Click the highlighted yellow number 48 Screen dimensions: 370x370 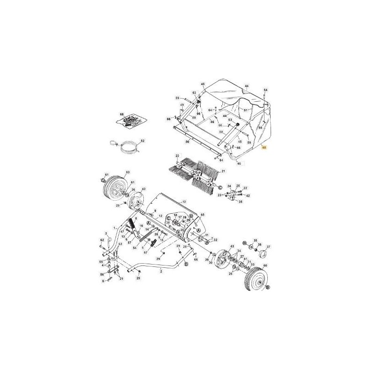[x=264, y=147]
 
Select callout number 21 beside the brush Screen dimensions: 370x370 [x=223, y=172]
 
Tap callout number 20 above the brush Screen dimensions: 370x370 [x=178, y=156]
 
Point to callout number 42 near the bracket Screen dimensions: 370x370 [x=248, y=196]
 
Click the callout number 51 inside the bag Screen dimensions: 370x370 [x=246, y=110]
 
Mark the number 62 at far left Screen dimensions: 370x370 [x=102, y=240]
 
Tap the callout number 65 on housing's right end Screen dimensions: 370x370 [x=202, y=215]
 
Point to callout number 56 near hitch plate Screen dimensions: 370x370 [x=102, y=274]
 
